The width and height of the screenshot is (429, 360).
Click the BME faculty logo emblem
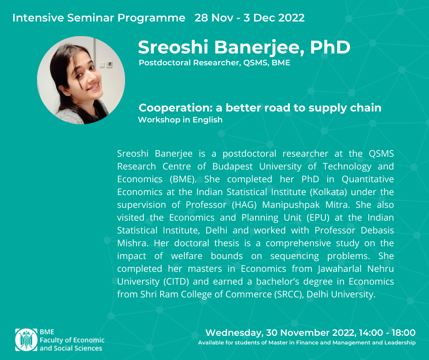coord(26,340)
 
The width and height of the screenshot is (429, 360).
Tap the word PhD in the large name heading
coord(330,48)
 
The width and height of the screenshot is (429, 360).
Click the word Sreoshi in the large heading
coord(173,48)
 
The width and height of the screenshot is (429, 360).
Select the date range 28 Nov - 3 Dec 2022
coord(250,18)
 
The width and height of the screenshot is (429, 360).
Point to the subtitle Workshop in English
coord(180,120)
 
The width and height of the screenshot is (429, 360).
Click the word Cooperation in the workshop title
coord(176,108)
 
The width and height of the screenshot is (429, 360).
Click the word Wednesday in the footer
coord(234,333)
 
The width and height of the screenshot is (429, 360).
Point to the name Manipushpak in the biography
coord(291,205)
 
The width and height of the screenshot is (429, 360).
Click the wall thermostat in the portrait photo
coord(109,64)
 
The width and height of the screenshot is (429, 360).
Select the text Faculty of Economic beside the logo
coord(72,340)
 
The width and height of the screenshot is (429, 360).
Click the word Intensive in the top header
coord(38,18)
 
